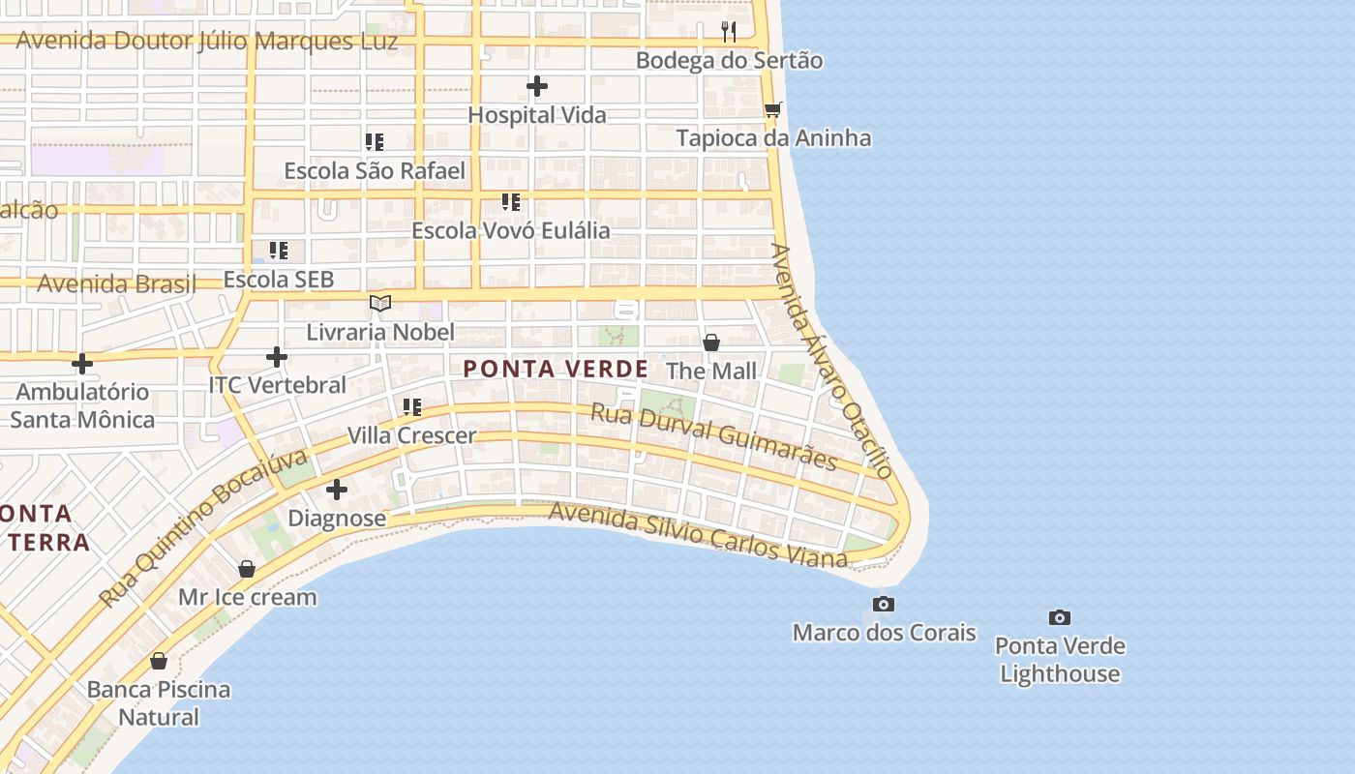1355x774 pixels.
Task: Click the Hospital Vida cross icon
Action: (x=537, y=87)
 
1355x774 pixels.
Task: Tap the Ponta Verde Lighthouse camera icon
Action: (x=1060, y=617)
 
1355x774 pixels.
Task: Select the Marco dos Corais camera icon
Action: (x=883, y=605)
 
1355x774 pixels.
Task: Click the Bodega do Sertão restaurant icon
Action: (x=730, y=32)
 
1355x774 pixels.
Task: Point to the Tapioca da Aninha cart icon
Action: (x=772, y=109)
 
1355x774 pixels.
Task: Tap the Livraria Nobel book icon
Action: (x=380, y=304)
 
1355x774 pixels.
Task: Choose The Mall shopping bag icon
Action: (x=711, y=342)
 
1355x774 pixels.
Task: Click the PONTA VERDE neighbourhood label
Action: (x=556, y=369)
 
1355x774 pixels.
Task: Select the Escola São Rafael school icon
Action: (x=375, y=142)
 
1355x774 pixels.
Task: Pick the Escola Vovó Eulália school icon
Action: (x=511, y=202)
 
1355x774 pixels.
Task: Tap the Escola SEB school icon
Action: (x=279, y=251)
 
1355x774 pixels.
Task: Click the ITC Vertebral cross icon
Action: (x=277, y=357)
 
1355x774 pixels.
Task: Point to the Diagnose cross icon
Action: (x=337, y=490)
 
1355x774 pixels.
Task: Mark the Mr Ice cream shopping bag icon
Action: (x=247, y=569)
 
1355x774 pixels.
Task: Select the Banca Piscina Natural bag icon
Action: (x=159, y=662)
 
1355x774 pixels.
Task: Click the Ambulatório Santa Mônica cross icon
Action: (x=82, y=364)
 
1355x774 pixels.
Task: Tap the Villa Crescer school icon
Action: (x=412, y=407)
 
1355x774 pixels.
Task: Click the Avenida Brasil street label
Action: (x=116, y=284)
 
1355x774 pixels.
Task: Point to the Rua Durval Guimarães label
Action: (x=713, y=436)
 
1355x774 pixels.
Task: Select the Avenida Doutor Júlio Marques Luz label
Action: (x=207, y=42)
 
